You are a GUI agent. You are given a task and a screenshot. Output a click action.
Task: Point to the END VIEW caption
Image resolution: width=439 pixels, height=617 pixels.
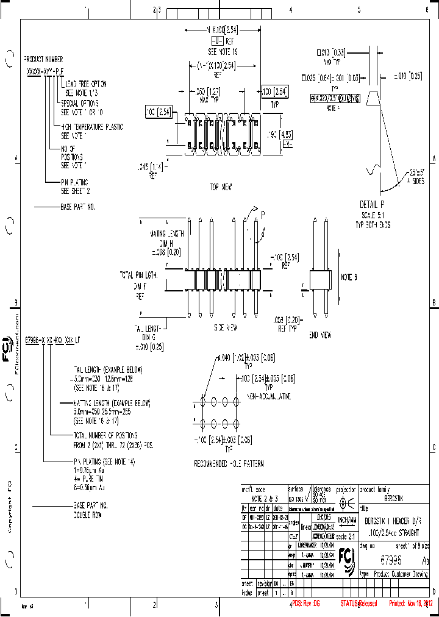tap(321, 335)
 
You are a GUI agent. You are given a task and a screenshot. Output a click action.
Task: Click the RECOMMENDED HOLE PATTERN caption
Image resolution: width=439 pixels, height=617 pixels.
tap(229, 464)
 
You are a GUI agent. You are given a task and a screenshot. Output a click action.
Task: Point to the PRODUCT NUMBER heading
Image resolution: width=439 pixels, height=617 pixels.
tap(43, 60)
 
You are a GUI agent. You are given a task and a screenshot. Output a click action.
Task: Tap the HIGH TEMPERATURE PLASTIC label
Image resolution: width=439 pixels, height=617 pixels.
tap(92, 127)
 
